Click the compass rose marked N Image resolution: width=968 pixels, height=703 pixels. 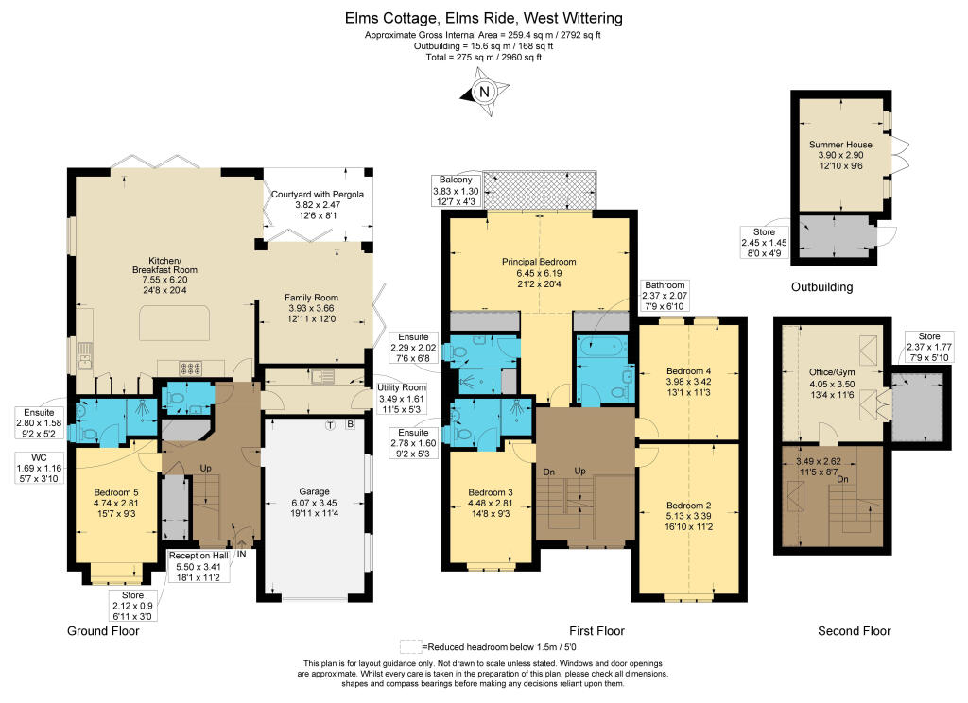[484, 92]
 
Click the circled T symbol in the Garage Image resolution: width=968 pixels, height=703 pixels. [330, 424]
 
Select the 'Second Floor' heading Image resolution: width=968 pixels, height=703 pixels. [855, 631]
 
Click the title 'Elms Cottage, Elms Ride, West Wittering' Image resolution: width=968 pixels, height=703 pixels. [483, 18]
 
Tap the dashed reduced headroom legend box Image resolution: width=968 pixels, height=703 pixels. [409, 647]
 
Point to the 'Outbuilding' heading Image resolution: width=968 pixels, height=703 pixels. [821, 286]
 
